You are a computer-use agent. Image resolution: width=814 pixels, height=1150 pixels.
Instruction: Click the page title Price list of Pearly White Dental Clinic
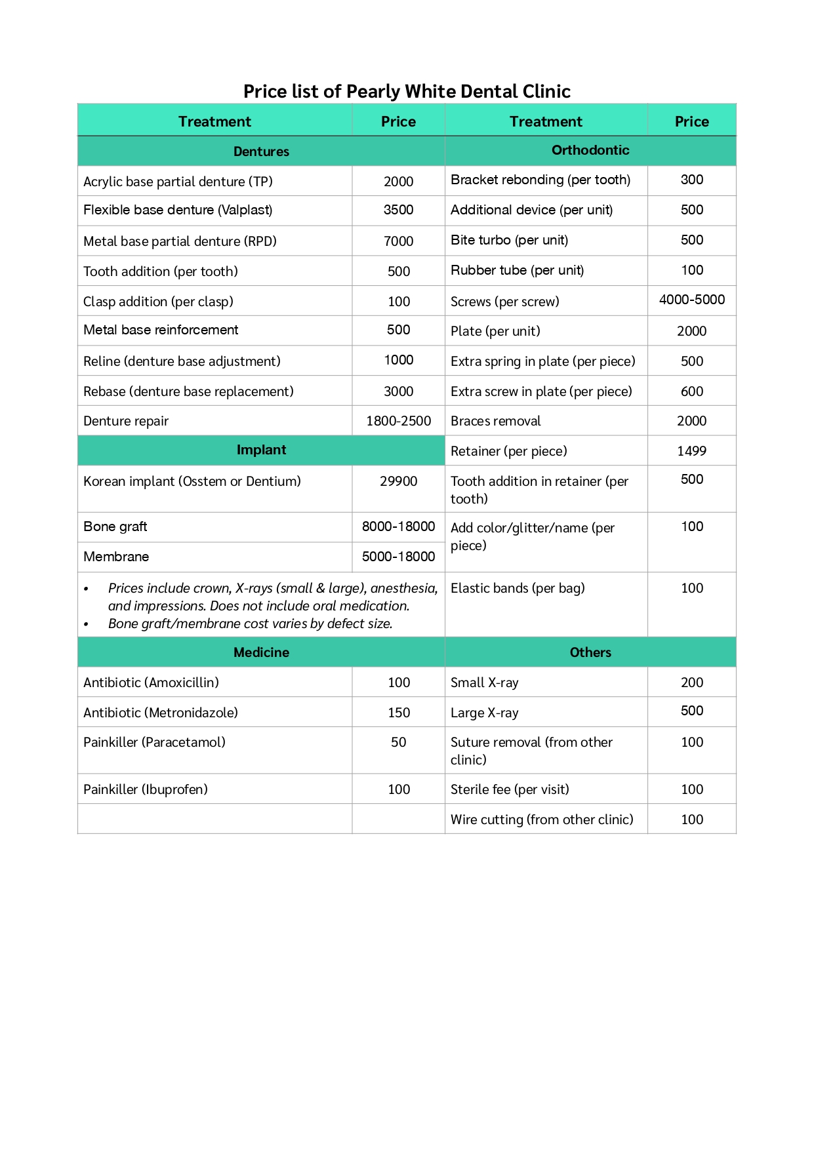407,91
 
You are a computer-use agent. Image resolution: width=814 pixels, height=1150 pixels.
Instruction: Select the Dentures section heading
261,151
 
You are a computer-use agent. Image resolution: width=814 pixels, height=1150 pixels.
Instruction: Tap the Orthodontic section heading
590,150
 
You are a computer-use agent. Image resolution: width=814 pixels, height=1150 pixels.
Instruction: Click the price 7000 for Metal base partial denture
398,241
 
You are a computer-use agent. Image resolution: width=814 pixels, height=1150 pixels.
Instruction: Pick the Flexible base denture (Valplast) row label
178,210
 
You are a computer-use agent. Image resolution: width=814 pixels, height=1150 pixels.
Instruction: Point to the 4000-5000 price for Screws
691,300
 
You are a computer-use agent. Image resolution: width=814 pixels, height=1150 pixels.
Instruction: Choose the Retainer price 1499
691,451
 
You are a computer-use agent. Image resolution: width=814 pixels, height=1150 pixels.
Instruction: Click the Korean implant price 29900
398,481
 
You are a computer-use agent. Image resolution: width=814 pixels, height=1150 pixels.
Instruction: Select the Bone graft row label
115,526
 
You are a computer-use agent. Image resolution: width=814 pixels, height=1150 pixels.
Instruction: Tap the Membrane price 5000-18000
398,557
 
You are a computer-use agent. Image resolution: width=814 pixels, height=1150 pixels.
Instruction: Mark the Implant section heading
261,450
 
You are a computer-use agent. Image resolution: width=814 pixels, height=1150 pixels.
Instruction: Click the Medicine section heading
261,652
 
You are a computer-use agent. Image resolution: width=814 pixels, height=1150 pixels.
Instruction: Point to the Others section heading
590,652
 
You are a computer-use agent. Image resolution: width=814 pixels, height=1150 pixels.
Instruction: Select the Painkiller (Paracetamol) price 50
398,742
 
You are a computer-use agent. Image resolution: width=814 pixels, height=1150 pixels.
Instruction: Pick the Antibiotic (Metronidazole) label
161,713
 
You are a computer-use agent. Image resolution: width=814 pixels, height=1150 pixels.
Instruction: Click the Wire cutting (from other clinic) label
542,820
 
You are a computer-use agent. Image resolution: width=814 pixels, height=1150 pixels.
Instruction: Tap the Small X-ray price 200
691,683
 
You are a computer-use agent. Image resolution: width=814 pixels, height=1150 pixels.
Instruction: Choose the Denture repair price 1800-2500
398,421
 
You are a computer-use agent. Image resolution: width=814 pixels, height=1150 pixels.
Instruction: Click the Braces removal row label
496,421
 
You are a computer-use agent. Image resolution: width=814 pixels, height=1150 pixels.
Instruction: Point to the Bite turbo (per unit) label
509,240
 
